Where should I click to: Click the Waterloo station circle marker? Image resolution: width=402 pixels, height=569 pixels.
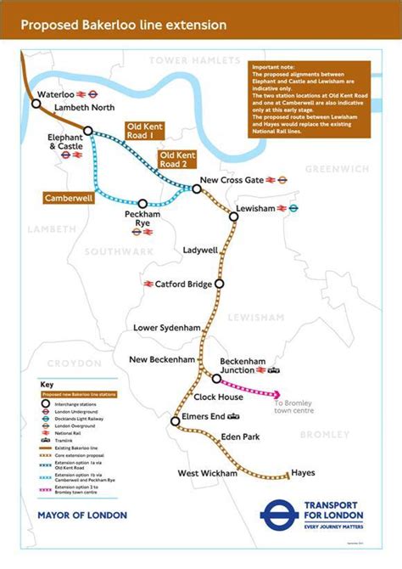click(x=36, y=104)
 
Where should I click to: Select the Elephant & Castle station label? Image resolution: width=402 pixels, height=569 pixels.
click(x=65, y=141)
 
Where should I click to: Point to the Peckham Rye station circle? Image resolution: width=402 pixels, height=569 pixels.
click(x=142, y=204)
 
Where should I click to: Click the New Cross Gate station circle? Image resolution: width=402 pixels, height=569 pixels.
click(x=197, y=189)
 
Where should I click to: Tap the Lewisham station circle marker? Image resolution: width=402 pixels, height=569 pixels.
click(x=234, y=217)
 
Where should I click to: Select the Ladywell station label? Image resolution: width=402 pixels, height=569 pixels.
click(x=201, y=251)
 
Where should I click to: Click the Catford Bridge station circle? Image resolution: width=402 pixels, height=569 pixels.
click(x=220, y=284)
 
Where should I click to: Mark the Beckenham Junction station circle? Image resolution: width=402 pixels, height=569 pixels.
click(x=216, y=379)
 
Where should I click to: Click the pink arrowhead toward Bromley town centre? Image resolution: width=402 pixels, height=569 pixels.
click(x=278, y=393)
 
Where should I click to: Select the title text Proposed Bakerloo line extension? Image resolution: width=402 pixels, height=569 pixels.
click(x=124, y=25)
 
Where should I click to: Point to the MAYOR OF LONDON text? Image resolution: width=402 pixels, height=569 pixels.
click(x=82, y=515)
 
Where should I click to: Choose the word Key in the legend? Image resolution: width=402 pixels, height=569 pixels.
click(x=47, y=384)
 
